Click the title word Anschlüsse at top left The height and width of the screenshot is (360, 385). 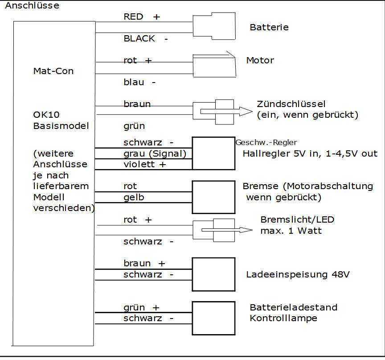[32, 5]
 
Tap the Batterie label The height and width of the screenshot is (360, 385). [269, 27]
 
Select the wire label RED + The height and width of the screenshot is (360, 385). [142, 17]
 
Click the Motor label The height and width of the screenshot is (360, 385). [260, 60]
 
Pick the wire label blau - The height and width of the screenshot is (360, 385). [140, 82]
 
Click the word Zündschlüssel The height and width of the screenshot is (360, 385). [291, 104]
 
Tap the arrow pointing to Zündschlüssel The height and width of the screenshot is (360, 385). [226, 112]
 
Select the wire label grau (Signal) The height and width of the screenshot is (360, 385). [155, 153]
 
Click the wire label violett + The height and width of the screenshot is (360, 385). [145, 164]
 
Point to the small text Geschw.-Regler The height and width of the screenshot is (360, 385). [266, 142]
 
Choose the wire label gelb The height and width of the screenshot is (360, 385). [134, 197]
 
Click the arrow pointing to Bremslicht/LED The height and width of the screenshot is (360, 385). [227, 230]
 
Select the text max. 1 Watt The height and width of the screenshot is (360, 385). [291, 231]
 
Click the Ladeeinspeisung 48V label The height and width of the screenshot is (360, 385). [298, 274]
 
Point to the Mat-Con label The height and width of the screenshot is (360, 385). [53, 71]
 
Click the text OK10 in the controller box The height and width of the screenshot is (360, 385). [46, 115]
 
